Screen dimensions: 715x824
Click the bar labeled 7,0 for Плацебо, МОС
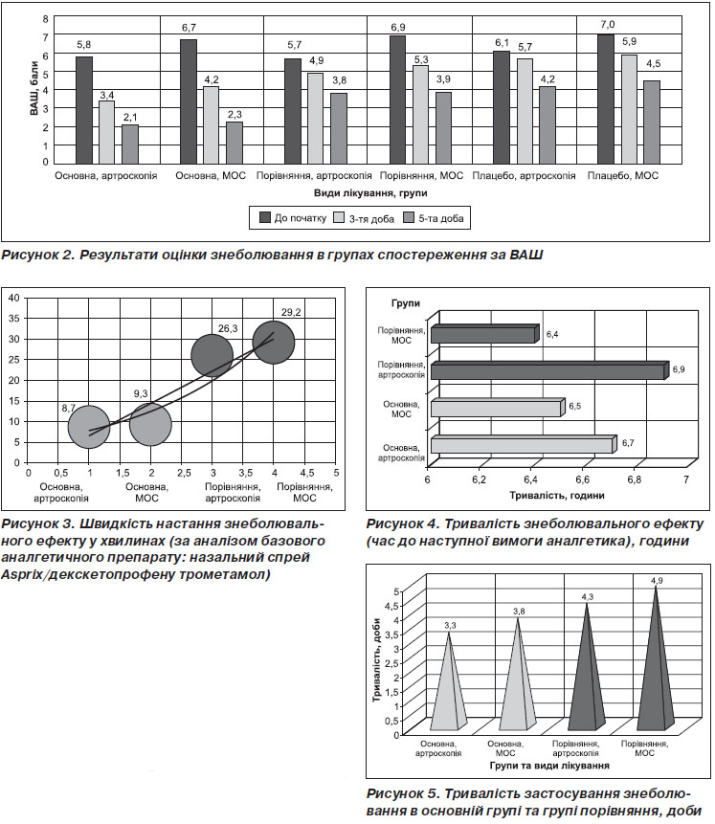pos(606,99)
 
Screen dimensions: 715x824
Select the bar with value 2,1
pos(130,144)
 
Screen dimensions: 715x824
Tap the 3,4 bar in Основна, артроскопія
pos(107,132)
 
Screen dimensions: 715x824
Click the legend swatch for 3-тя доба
pos(339,217)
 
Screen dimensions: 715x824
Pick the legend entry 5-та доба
pos(434,218)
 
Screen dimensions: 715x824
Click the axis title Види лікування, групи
pos(370,193)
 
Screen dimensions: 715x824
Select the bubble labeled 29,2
pos(274,343)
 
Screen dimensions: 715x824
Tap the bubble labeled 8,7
pos(89,427)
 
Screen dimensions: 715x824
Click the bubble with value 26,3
pos(212,356)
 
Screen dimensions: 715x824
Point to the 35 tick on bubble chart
pos(13,319)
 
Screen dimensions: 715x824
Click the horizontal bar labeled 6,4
pos(485,334)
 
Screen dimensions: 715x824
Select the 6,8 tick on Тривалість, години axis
pos(634,479)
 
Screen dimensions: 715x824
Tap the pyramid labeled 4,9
pos(656,657)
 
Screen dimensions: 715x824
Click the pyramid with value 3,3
pos(449,681)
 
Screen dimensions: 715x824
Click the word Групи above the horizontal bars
pos(406,303)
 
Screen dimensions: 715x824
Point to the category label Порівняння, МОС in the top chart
pos(422,175)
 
